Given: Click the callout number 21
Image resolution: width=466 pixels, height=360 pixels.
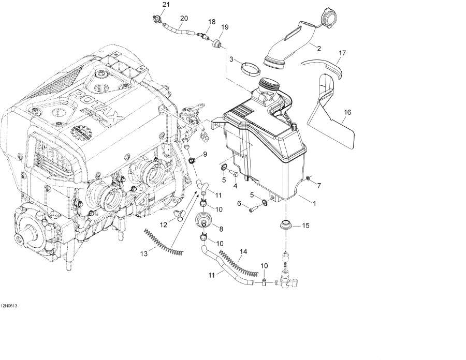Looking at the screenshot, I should coord(166,5).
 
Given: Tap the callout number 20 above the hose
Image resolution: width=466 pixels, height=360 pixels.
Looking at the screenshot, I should coord(184,18).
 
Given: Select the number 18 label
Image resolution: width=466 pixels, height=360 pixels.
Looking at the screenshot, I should coord(211,21).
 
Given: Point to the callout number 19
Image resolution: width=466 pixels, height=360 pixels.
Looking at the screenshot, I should coord(225,27).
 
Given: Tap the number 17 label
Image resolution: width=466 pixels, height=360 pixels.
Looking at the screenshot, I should coord(342,53).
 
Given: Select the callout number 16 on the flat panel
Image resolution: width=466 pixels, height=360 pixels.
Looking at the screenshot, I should coord(347,112).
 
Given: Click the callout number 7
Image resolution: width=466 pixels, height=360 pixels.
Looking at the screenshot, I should coord(319,185).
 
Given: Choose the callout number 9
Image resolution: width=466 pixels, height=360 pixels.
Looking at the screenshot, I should coord(205,154).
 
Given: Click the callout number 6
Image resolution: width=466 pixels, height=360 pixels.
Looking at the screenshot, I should coord(240,204).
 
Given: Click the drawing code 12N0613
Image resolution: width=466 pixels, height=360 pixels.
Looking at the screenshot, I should coord(9,306).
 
